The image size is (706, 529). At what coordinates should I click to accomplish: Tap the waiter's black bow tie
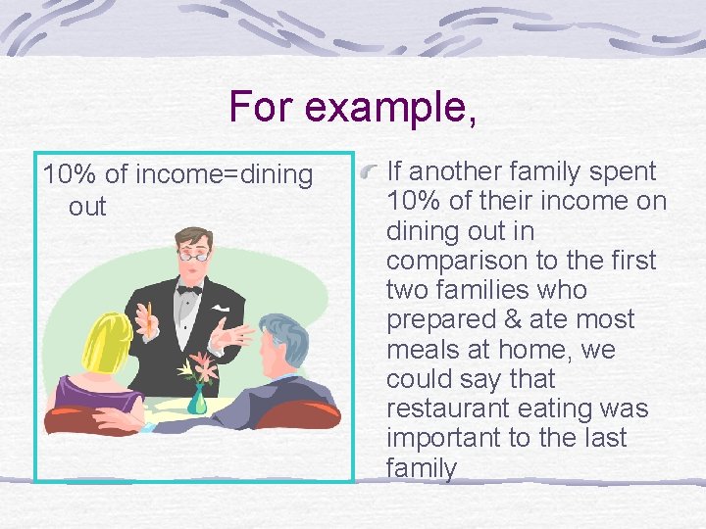(188, 289)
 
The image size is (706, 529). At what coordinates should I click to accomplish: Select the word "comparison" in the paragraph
(453, 261)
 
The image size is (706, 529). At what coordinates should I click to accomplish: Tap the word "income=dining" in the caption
(224, 175)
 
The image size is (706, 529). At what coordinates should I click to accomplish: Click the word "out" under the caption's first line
(87, 207)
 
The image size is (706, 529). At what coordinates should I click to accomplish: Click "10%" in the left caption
(70, 175)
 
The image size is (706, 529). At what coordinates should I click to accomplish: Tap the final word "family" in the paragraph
(422, 468)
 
